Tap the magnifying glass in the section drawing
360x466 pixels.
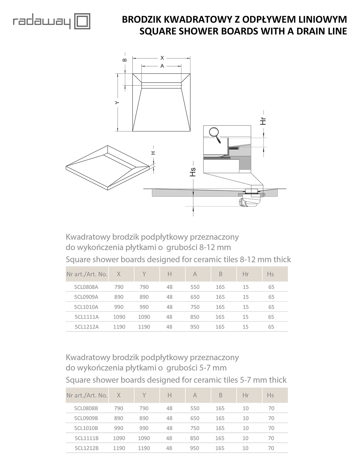point(215,135)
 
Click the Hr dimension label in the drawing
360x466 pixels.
point(263,121)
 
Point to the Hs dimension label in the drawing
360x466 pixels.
point(193,172)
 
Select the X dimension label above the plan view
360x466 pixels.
point(162,58)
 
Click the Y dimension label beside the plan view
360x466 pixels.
point(117,103)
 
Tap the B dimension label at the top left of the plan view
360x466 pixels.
point(124,60)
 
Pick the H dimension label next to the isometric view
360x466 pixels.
point(153,153)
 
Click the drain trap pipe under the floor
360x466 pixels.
point(248,202)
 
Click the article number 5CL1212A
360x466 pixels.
point(87,327)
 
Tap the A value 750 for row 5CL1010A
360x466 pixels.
point(195,307)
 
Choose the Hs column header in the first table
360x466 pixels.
point(270,274)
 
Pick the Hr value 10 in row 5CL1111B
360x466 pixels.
point(245,438)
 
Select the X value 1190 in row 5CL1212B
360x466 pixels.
point(119,448)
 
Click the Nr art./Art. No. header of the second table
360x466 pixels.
point(87,395)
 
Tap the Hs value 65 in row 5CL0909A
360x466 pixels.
point(271,297)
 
